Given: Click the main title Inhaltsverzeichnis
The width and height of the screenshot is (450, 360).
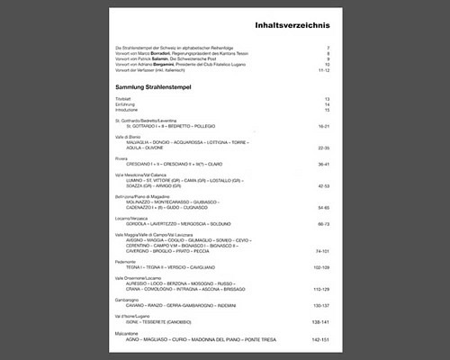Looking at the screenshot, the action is point(292,24).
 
